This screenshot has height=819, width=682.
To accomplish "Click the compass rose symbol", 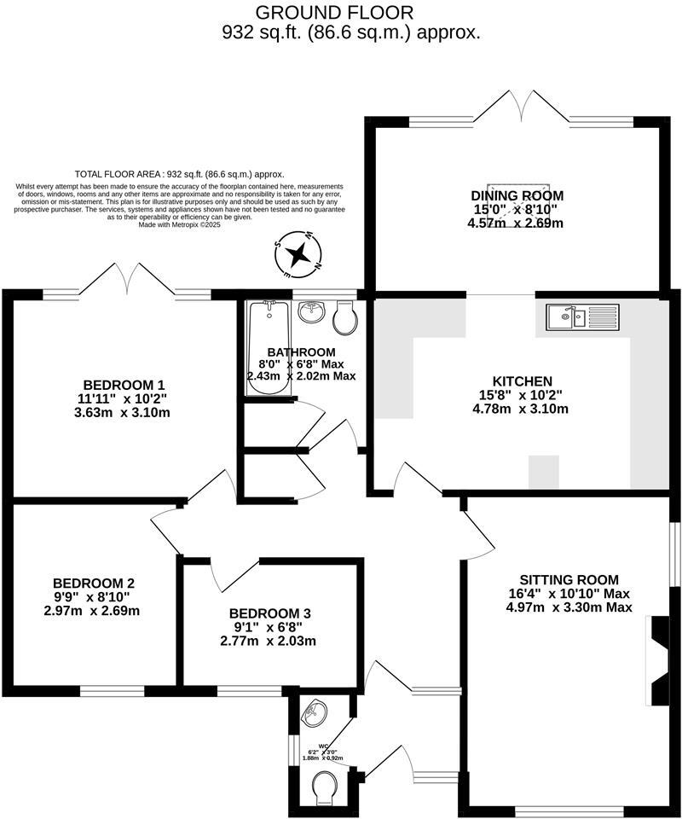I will pyautogui.click(x=298, y=254).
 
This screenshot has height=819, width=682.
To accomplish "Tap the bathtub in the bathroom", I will pyautogui.click(x=269, y=347).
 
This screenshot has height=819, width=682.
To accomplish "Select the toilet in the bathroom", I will pyautogui.click(x=346, y=318).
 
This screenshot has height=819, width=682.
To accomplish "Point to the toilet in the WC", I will pyautogui.click(x=325, y=787).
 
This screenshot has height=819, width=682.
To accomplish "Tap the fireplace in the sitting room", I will pyautogui.click(x=658, y=660).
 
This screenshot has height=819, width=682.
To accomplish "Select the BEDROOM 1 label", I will pyautogui.click(x=124, y=383).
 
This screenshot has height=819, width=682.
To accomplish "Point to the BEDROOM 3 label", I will pyautogui.click(x=269, y=613).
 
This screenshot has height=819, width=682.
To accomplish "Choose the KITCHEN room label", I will pyautogui.click(x=523, y=380).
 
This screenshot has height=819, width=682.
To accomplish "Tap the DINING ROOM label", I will pyautogui.click(x=517, y=195).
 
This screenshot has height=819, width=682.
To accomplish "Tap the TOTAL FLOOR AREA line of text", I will pyautogui.click(x=179, y=171).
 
